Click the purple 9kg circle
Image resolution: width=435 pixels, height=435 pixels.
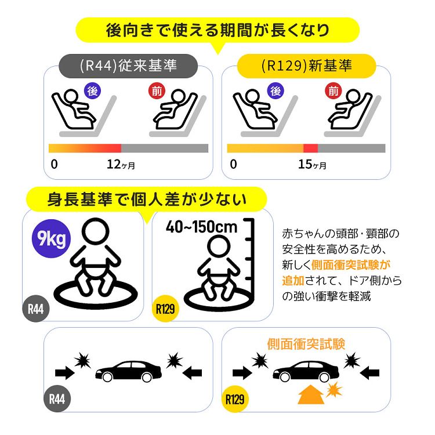pos(52,238)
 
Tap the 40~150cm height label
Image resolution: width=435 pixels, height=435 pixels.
pos(202,227)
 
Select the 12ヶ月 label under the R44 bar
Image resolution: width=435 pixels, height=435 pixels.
pos(121,164)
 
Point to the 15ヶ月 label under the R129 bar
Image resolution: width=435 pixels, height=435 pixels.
pos(312,164)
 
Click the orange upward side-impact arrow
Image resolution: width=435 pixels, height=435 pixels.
pos(311,394)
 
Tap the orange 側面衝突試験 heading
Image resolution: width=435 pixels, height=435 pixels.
pos(306,345)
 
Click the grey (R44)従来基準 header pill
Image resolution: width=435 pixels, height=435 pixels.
pos(128,66)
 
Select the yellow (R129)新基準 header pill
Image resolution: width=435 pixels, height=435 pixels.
pos(306,66)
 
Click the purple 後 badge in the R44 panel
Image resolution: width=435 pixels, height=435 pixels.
pos(92,90)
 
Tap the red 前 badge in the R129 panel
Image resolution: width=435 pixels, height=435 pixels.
pos(333,90)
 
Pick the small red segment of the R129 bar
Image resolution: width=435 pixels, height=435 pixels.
pos(310,148)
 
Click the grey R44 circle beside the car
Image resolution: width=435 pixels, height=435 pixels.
pos(57,399)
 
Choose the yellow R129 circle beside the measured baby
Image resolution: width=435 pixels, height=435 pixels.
pos(165,309)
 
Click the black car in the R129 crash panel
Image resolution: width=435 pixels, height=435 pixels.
pos(306,371)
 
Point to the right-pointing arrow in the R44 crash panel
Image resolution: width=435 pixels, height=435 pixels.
pos(65,373)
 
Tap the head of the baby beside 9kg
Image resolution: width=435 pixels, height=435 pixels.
pos(96,231)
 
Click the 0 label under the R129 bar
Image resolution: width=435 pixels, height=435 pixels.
pos(233,164)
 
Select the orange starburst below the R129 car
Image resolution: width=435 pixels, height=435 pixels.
pos(334,390)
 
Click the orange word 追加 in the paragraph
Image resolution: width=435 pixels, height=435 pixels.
pos(293,281)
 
